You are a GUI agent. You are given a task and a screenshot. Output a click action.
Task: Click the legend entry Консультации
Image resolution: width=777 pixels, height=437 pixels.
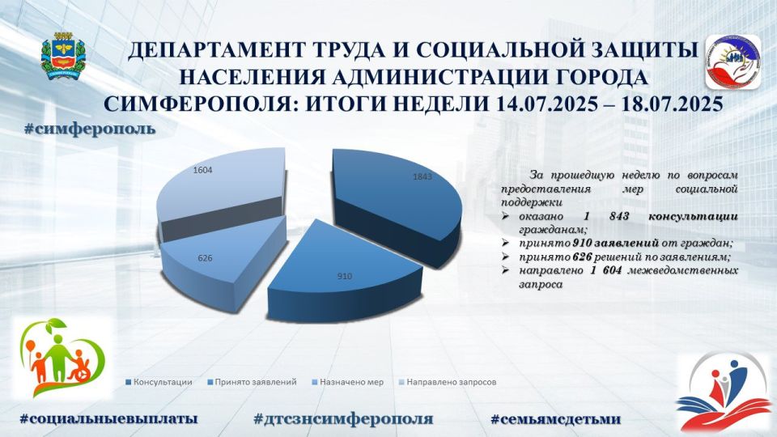click(159, 382)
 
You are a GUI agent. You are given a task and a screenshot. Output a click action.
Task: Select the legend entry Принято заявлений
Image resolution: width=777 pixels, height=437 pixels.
click(253, 382)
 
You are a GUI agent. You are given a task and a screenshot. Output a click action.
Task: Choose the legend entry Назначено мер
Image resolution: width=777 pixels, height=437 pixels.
click(348, 382)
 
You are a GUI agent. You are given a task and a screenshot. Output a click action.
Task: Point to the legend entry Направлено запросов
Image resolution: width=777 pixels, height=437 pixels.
click(448, 382)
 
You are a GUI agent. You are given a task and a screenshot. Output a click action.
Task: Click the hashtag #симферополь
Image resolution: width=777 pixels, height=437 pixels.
click(90, 129)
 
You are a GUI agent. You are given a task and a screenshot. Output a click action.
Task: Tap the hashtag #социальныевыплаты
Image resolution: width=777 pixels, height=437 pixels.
click(108, 418)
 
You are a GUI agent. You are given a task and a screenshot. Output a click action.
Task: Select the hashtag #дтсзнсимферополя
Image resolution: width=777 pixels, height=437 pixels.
click(343, 419)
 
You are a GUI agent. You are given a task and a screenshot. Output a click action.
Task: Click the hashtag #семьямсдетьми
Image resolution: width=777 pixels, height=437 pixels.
click(555, 419)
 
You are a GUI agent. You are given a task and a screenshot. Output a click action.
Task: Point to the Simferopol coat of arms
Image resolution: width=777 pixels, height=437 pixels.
click(63, 56)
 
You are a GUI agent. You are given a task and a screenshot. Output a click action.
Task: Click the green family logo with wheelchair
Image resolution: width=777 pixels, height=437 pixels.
click(62, 358)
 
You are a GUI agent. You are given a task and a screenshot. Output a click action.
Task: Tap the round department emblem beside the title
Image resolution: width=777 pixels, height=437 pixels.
click(734, 62)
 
